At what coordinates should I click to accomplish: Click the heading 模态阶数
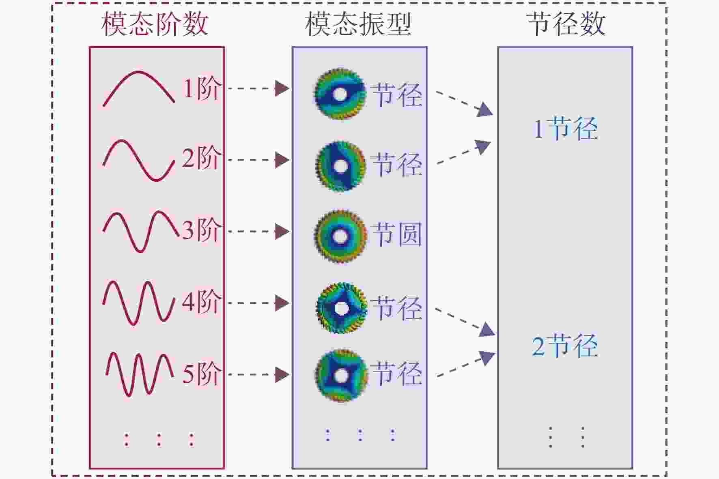tap(155, 24)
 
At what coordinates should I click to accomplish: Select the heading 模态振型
tap(358, 24)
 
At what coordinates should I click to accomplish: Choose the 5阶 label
tap(202, 374)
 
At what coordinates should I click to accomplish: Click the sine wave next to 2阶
tap(139, 160)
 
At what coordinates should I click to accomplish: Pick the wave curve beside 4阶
tap(139, 303)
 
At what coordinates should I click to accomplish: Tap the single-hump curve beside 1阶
tap(139, 88)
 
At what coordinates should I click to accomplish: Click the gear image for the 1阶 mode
tap(340, 95)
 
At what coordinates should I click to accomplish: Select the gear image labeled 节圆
tap(340, 236)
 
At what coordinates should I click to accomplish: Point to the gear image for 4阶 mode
tap(342, 309)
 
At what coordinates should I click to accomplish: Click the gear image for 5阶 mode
tap(342, 376)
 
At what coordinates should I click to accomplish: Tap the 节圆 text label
tap(397, 234)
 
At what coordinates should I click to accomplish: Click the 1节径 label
tap(566, 129)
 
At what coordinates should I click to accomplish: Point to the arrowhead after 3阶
tap(282, 232)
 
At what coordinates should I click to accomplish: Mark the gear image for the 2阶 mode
tap(340, 166)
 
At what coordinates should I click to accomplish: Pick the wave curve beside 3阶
tap(141, 231)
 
